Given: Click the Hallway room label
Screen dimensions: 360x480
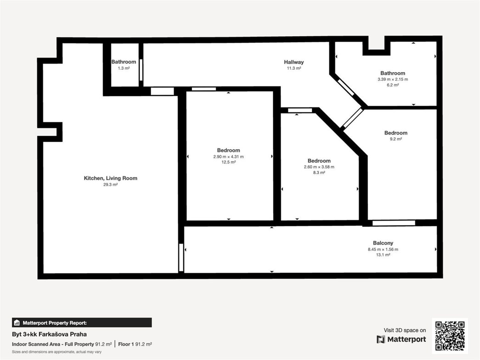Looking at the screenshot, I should [294, 62].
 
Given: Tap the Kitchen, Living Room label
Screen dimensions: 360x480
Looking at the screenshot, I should [110, 178].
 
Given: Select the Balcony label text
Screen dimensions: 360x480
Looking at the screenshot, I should [383, 243].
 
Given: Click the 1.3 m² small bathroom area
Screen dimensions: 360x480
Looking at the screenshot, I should [124, 68].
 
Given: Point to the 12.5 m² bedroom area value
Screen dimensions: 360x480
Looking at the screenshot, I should [228, 162].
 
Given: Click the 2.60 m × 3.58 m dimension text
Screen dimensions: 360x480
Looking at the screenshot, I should [319, 167].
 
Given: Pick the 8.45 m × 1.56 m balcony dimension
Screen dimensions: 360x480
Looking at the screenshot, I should [383, 249].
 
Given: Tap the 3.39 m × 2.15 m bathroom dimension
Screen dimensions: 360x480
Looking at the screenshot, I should [392, 79].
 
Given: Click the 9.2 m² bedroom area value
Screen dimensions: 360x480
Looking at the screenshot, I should [395, 139].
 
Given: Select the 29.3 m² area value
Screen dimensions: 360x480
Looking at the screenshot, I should [110, 185].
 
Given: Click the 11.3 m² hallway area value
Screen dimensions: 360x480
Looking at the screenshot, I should [294, 68].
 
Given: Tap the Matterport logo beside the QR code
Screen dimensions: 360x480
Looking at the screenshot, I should [401, 339].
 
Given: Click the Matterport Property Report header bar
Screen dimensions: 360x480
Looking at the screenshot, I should [82, 322].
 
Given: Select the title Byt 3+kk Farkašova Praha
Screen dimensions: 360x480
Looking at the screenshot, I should [49, 334].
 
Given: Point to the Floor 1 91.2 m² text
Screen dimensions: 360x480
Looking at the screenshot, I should [135, 344].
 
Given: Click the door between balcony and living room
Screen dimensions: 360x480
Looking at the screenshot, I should [181, 257].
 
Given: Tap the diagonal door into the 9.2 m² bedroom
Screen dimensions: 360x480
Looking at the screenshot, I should [352, 118].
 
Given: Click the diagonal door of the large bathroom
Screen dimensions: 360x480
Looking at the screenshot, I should [346, 87].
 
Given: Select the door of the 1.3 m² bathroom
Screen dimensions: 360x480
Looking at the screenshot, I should [141, 70].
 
